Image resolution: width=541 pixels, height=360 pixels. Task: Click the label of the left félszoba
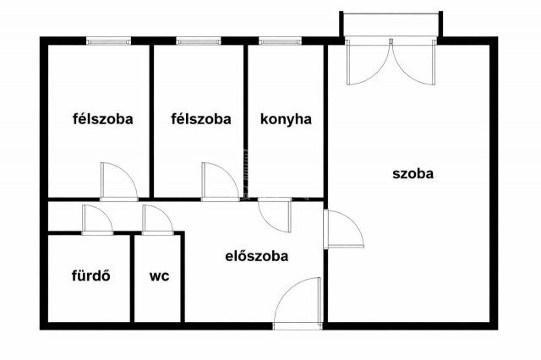[x=102, y=119]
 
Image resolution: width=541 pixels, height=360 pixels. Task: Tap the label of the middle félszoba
[x=200, y=119]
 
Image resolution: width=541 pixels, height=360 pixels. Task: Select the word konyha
[x=286, y=119]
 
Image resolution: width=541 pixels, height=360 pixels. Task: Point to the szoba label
[x=413, y=175]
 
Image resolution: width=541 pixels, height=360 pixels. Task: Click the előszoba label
[x=256, y=256]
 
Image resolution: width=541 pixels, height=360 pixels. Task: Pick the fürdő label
[x=90, y=275]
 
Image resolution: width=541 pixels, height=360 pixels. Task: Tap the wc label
[x=159, y=275]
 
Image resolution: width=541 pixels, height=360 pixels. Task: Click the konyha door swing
[x=273, y=215]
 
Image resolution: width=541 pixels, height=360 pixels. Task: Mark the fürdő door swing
[x=97, y=219]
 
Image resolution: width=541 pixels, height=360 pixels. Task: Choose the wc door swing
[x=157, y=219]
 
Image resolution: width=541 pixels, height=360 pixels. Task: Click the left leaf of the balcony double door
[x=367, y=63]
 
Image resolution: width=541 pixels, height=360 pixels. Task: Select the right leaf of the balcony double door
[x=414, y=63]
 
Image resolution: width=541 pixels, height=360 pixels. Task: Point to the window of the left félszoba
[x=108, y=40]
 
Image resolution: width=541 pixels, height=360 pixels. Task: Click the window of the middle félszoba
[x=199, y=40]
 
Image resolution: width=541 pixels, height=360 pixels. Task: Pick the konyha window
[x=280, y=40]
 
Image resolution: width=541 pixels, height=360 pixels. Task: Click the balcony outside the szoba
[x=391, y=25]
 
